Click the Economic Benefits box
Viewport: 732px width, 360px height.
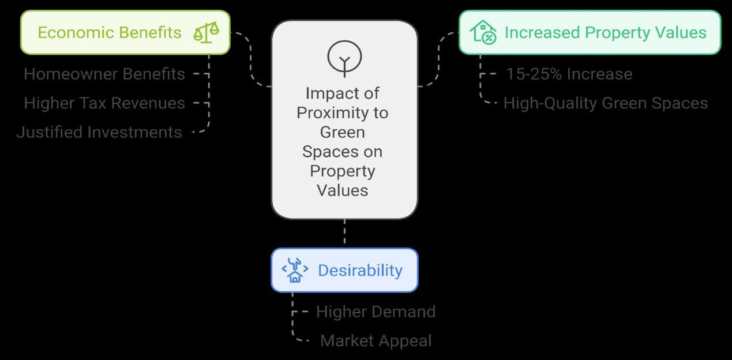(x=125, y=32)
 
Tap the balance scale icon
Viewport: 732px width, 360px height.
(x=206, y=32)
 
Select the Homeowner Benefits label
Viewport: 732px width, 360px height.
(x=104, y=74)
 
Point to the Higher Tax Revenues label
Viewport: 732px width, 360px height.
(x=104, y=103)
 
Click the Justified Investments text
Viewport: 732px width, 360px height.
(x=99, y=132)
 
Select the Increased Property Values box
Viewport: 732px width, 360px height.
(x=590, y=32)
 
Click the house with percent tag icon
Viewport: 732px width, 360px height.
(x=483, y=32)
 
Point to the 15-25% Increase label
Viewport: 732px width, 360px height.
(x=569, y=74)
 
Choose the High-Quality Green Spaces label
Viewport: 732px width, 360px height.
(x=605, y=103)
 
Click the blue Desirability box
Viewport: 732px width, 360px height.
(x=344, y=270)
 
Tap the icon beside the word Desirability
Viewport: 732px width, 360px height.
(x=295, y=270)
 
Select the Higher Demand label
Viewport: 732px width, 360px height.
(x=376, y=312)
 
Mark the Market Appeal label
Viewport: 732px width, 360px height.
(x=376, y=341)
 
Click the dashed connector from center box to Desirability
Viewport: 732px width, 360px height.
(x=344, y=234)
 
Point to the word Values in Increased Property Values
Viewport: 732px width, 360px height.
(x=679, y=32)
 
